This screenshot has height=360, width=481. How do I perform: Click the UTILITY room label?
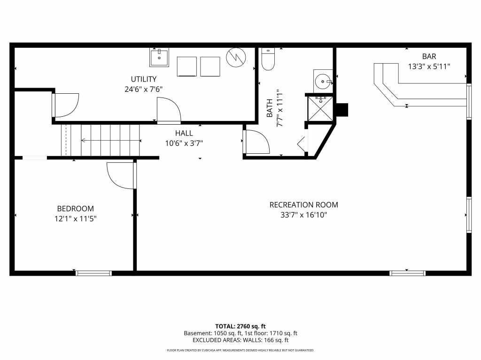144,79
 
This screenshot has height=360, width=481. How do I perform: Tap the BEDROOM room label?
76,209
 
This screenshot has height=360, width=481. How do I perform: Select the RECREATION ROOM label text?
304,205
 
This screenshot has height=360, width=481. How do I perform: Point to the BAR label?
429,56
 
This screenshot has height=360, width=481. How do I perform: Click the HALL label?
184,133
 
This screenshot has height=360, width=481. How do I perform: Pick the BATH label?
270,108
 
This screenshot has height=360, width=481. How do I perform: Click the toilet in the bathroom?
268,59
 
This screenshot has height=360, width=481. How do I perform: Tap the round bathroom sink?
323,81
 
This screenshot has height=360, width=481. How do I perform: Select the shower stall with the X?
320,108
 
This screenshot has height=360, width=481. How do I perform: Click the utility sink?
159,58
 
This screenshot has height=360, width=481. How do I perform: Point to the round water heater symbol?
236,57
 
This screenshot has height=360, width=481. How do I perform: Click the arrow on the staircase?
111,141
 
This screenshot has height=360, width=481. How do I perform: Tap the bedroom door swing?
120,175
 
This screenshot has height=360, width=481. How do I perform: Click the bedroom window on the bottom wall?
93,273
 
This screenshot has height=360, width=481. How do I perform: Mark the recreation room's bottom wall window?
407,273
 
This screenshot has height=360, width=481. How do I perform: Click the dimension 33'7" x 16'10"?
304,215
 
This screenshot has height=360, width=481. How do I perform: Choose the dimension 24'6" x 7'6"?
144,90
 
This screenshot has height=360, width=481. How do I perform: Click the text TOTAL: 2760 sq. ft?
240,326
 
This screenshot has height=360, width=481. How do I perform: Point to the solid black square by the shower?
342,110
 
